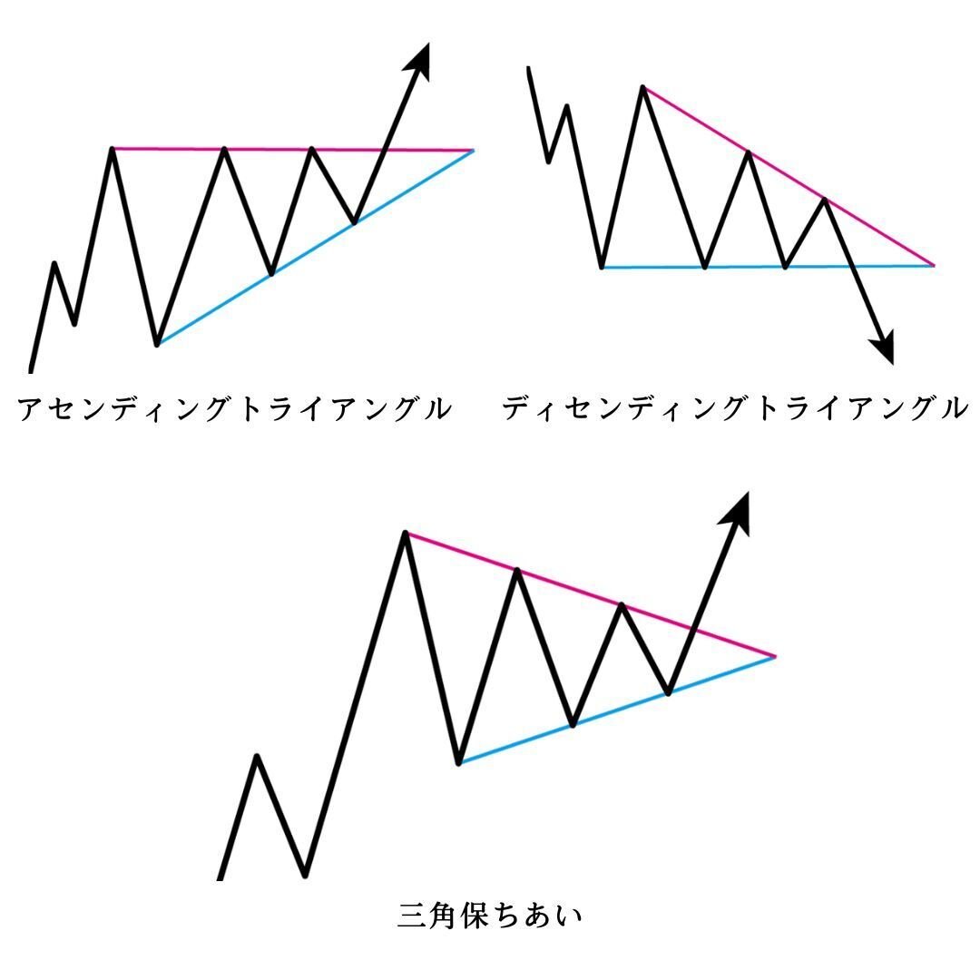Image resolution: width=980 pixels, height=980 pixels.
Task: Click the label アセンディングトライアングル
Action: [234, 409]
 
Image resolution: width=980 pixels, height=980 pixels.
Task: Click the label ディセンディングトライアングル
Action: [734, 408]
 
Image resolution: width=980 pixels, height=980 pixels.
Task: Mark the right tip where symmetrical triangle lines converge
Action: [774, 655]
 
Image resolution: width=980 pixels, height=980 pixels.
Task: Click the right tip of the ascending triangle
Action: [473, 150]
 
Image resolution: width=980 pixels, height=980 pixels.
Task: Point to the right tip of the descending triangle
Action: [932, 265]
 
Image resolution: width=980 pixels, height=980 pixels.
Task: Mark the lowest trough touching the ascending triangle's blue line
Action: [157, 344]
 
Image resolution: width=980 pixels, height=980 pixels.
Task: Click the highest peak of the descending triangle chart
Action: [642, 87]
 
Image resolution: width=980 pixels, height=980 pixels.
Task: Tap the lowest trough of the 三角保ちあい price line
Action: [305, 875]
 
